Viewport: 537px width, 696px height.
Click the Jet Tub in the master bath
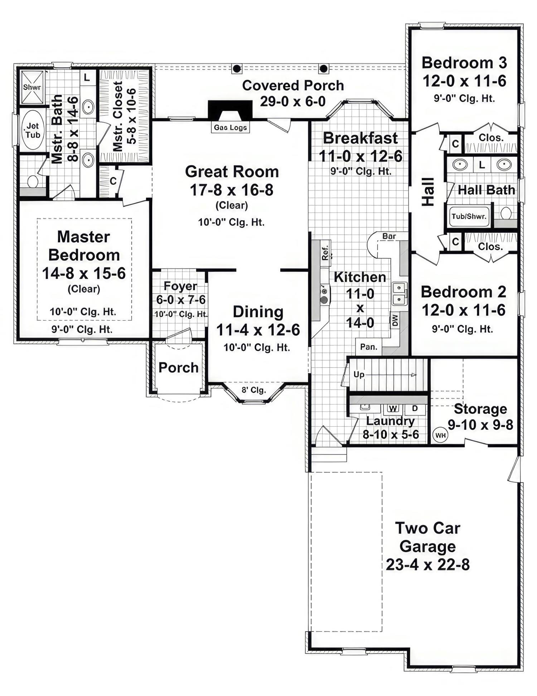[x=33, y=130]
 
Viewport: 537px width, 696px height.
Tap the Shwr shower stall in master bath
[x=32, y=87]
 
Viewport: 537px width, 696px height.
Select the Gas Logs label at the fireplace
[x=230, y=128]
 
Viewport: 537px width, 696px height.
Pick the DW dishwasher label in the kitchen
[x=395, y=320]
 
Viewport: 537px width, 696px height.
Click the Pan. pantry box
[x=369, y=347]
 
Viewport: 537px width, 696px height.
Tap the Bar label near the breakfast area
[x=389, y=236]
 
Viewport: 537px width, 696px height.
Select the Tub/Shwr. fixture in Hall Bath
[x=469, y=216]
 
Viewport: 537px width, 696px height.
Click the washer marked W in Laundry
[x=393, y=408]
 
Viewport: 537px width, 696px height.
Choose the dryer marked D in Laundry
[x=415, y=408]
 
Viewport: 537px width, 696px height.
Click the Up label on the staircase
[x=359, y=374]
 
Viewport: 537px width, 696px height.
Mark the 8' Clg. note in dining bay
[x=253, y=390]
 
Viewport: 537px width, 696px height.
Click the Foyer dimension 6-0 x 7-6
[x=181, y=299]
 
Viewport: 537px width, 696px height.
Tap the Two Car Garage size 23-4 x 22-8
[x=427, y=565]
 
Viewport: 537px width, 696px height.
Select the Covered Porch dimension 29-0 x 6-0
[x=292, y=101]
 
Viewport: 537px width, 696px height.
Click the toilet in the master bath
[x=33, y=181]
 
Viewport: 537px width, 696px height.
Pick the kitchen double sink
[x=399, y=293]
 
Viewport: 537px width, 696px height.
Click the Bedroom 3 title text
[x=464, y=63]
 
